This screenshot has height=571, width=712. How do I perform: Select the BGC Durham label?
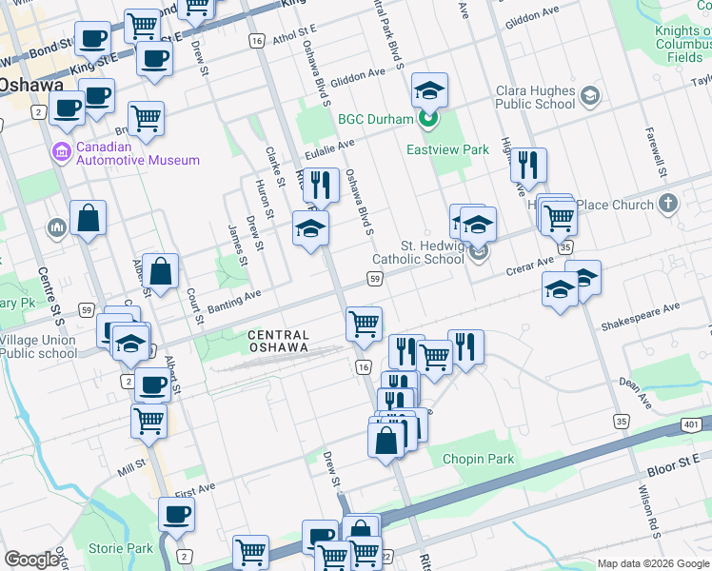(x=375, y=119)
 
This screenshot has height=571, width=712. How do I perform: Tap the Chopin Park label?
(x=479, y=459)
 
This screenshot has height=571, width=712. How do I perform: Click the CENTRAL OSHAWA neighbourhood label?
(x=278, y=341)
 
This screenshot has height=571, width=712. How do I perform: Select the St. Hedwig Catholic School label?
(x=419, y=252)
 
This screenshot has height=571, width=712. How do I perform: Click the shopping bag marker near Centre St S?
(x=88, y=218)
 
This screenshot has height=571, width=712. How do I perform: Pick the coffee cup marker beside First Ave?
(x=176, y=515)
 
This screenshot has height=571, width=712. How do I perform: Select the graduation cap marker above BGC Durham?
(x=430, y=90)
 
